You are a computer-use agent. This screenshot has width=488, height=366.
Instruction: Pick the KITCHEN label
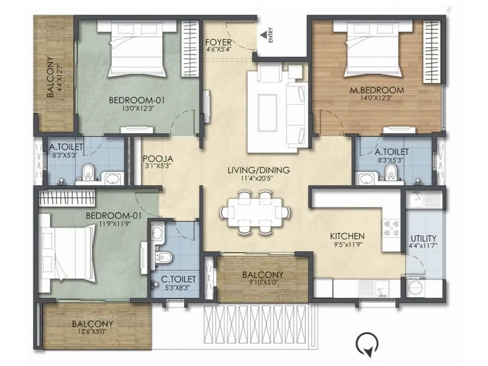tap(347, 236)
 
